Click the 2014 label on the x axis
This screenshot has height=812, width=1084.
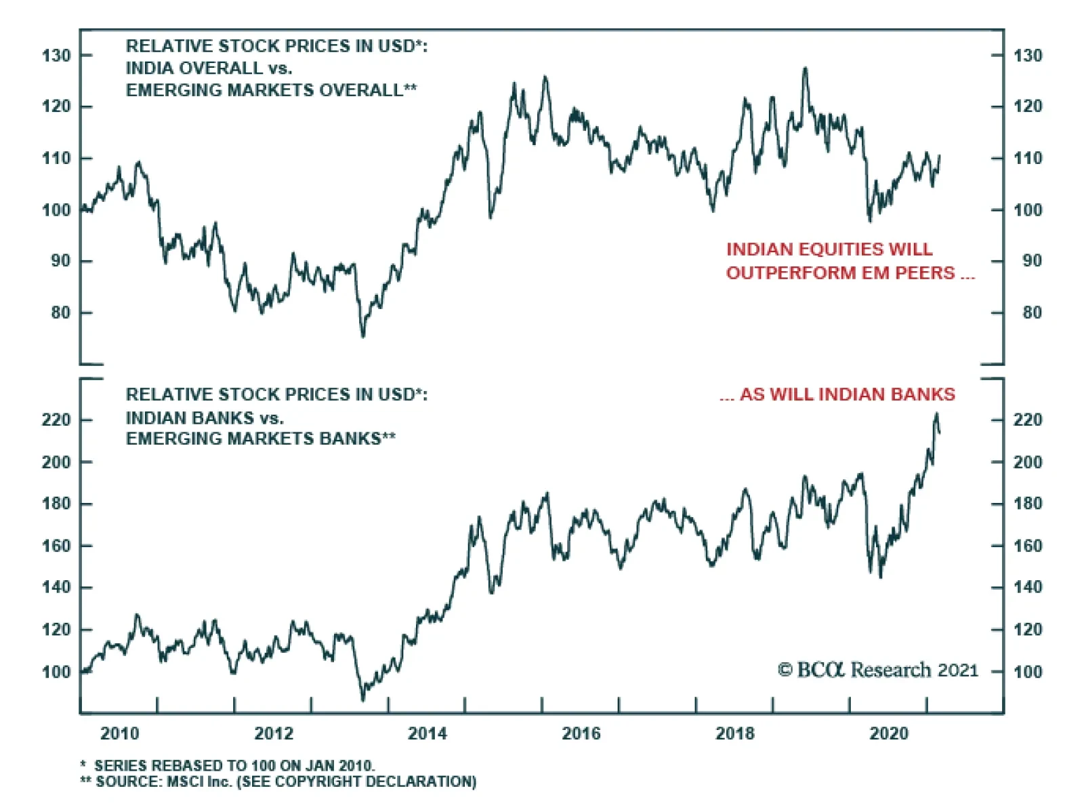click(x=427, y=733)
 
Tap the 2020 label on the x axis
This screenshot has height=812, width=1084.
click(x=888, y=733)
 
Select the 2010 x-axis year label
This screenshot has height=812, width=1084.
click(x=119, y=733)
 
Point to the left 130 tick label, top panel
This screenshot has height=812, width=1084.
click(x=56, y=56)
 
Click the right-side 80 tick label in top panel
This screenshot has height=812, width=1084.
click(x=1031, y=312)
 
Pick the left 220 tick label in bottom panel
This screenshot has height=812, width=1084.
click(x=56, y=420)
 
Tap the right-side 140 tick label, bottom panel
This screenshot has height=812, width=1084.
click(x=1028, y=588)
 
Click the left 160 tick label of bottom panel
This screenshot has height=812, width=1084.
click(x=56, y=546)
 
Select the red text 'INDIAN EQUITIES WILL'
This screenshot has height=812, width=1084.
click(x=829, y=249)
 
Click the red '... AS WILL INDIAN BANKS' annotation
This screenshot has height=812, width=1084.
click(x=837, y=394)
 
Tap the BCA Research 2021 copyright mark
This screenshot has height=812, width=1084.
click(x=878, y=670)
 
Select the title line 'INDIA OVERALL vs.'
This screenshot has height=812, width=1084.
click(x=209, y=68)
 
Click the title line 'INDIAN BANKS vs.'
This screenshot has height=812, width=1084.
click(x=205, y=418)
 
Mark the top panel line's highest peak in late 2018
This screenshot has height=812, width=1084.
click(x=805, y=68)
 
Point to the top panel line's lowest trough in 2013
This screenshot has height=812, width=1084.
click(x=362, y=336)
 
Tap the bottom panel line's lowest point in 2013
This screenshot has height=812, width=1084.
click(x=362, y=700)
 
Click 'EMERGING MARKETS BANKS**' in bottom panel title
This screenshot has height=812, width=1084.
click(x=261, y=439)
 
